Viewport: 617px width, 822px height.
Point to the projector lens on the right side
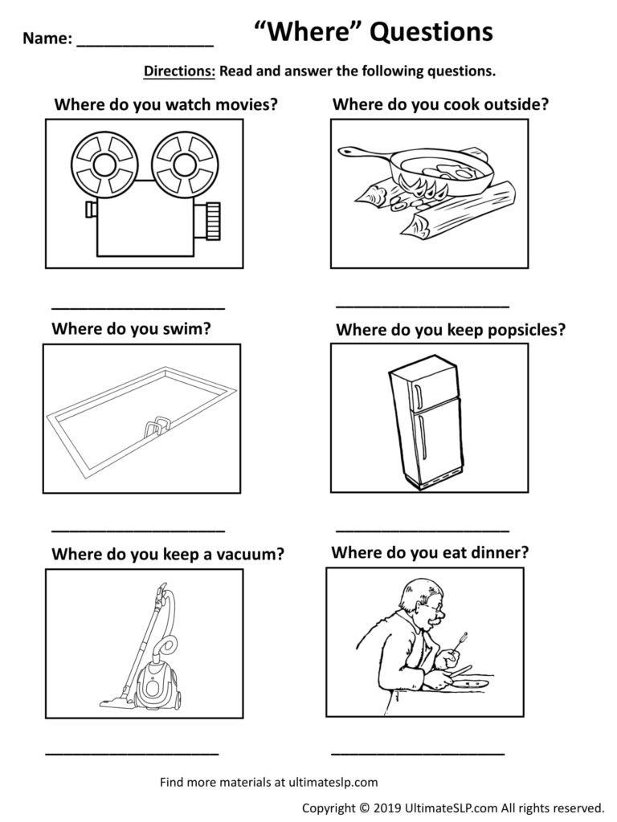pyautogui.click(x=211, y=220)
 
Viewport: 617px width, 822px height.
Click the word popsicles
pyautogui.click(x=525, y=329)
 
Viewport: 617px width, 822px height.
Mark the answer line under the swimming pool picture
pyautogui.click(x=138, y=530)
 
